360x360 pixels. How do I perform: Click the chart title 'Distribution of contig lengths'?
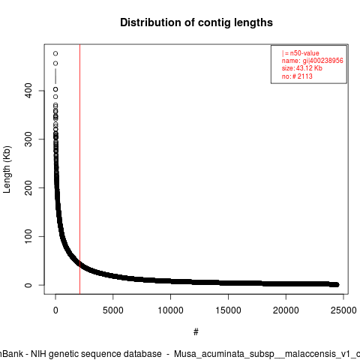(x=196, y=23)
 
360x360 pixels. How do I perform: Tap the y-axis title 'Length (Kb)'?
(x=7, y=169)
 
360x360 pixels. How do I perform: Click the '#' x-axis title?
(x=196, y=332)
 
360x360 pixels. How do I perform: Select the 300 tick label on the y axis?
(x=29, y=139)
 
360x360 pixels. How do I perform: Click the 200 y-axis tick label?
(x=29, y=187)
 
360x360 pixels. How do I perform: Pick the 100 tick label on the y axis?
(x=29, y=236)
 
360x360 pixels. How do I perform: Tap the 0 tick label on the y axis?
(x=28, y=285)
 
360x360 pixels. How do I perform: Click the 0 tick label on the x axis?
(x=55, y=310)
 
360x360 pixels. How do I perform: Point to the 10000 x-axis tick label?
(x=170, y=310)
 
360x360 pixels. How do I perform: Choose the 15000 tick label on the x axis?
(x=228, y=310)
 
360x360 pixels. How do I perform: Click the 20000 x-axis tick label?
(x=286, y=310)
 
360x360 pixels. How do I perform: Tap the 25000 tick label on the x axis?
(x=343, y=310)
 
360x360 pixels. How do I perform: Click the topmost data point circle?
(x=55, y=53)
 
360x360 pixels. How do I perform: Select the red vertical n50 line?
(x=79, y=169)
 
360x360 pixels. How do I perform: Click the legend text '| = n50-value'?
(x=301, y=53)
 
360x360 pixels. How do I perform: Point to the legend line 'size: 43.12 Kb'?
(x=302, y=68)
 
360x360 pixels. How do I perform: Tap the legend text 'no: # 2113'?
(x=297, y=76)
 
